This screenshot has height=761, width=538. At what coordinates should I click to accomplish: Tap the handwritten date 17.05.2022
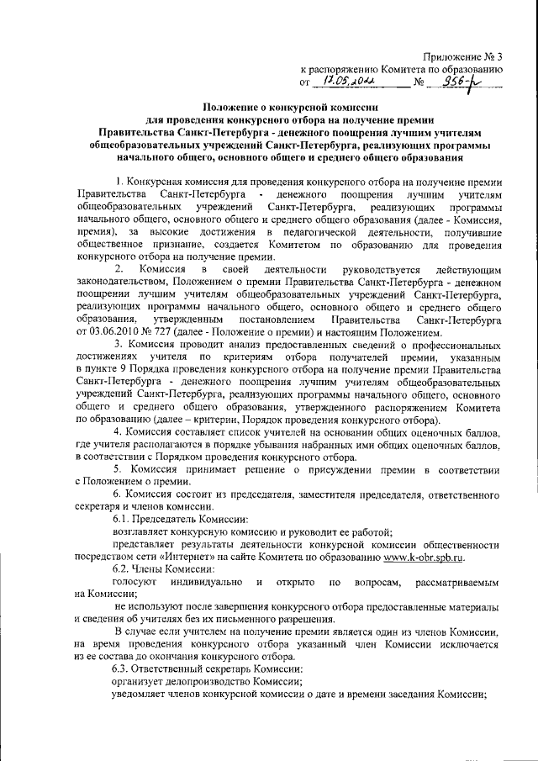pos(346,82)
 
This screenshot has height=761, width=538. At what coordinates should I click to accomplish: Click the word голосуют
pos(135,583)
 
